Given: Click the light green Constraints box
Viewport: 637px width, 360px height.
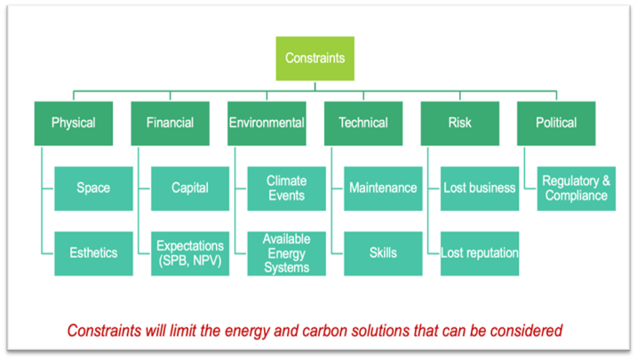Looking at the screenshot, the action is pos(315,59).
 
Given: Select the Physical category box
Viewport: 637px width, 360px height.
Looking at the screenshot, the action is pos(74,124).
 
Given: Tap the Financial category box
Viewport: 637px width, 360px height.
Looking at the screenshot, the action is pos(171,124).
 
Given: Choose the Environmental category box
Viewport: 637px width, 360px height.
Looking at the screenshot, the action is pos(267,124).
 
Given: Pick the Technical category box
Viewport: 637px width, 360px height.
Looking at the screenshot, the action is pos(363,124).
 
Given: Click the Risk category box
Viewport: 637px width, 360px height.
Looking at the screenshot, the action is pos(460,124).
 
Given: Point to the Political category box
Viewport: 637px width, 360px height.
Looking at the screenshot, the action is pos(556,124).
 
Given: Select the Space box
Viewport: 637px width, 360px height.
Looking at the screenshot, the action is pos(93,188).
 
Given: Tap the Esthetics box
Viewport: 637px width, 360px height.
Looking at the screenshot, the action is pos(93,253).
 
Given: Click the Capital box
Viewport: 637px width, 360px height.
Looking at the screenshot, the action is pos(190,188).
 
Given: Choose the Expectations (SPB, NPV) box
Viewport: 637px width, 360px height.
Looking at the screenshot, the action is pos(190,253).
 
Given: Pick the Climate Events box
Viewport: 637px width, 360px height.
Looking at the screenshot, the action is pos(286,188).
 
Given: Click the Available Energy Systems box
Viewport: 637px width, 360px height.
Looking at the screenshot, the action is pos(286,253).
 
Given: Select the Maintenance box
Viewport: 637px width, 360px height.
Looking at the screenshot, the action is pos(383,188).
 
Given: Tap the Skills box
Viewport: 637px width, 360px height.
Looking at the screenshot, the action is pos(383,253).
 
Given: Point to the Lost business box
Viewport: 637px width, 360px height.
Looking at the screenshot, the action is pos(480,188).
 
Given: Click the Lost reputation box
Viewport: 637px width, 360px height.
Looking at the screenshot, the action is pos(480,253).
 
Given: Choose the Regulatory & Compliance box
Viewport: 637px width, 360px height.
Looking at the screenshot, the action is pos(576,188).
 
